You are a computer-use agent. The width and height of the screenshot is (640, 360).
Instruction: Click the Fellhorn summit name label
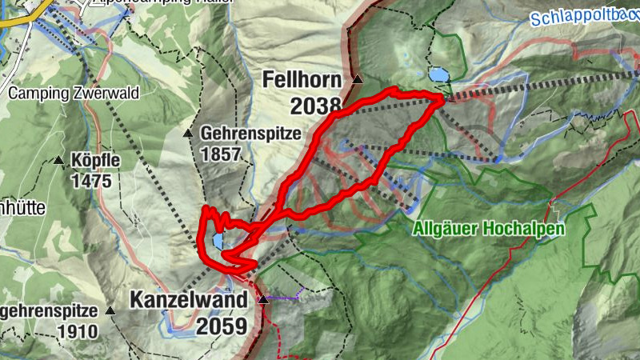point(302,80)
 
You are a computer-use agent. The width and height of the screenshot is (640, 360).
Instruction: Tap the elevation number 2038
point(316,105)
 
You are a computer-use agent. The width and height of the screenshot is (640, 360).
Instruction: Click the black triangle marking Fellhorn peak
point(358,79)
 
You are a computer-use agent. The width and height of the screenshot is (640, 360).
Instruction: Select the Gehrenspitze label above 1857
point(242,133)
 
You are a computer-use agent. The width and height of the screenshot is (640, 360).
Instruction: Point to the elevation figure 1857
point(222,154)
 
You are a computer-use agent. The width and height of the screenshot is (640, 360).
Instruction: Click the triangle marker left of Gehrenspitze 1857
point(189,133)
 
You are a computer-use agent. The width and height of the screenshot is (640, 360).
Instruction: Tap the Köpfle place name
point(95,160)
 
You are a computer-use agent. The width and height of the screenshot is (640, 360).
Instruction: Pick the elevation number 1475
point(90,180)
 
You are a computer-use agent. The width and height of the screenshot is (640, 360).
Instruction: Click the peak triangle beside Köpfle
point(58,161)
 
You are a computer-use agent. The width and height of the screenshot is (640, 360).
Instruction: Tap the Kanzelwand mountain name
point(188,302)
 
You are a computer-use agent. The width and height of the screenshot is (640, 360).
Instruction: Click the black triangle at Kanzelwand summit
point(263,300)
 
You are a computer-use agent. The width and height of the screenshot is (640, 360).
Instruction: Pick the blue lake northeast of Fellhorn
point(438,74)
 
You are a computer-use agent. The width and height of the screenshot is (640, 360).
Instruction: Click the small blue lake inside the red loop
point(218,241)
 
